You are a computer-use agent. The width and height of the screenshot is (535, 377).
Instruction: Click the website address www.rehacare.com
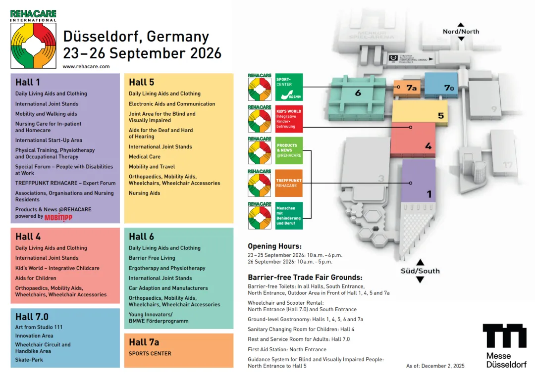[86, 66]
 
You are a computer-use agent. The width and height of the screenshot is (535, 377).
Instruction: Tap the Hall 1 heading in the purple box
[28, 82]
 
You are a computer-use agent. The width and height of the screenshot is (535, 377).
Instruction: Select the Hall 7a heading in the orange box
[144, 342]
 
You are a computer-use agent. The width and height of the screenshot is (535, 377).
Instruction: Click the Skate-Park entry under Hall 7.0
[29, 360]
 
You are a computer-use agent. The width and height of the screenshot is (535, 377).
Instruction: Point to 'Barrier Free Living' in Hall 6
[152, 258]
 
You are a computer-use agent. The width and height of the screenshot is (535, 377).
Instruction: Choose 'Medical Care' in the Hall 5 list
[145, 156]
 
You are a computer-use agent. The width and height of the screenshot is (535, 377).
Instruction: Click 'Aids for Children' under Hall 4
[36, 278]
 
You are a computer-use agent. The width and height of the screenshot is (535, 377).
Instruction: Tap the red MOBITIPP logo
[58, 217]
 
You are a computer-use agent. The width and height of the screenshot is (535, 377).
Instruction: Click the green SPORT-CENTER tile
[289, 88]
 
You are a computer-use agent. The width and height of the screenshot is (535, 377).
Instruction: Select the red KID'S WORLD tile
[289, 119]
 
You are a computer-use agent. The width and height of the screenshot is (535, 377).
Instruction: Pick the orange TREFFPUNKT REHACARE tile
[289, 183]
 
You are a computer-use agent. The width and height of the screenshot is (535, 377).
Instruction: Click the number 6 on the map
[358, 93]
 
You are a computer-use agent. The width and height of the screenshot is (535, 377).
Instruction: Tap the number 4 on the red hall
[428, 146]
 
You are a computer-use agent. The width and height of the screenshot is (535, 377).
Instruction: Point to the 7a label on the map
[412, 88]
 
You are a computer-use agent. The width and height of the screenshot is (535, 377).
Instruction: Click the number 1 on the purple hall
[429, 194]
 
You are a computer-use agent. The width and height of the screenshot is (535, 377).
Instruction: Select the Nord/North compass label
[461, 31]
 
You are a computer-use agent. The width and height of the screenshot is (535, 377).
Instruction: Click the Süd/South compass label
[420, 271]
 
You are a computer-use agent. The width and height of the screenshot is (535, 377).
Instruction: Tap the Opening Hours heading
[274, 246]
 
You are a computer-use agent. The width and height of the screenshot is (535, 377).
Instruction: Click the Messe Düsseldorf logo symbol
[505, 336]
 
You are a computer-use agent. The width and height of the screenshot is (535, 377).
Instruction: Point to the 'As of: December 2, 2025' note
[435, 366]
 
